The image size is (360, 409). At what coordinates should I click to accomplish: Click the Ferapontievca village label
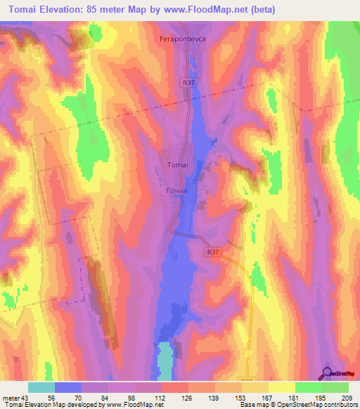[179, 40]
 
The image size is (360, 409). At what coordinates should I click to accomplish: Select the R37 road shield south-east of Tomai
[213, 251]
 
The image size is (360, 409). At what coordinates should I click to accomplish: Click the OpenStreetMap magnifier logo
[327, 372]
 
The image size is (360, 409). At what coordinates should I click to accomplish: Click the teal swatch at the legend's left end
[41, 387]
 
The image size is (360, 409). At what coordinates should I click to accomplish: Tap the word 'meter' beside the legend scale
[10, 398]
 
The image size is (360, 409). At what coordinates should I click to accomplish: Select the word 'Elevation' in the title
[62, 9]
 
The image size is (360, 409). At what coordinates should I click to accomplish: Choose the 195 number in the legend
[321, 398]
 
